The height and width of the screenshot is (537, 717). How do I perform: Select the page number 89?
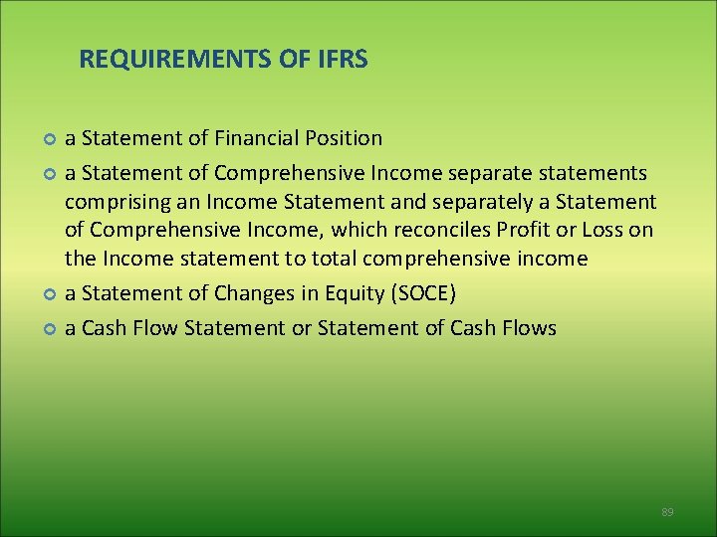point(667,512)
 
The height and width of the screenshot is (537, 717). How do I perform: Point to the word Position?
point(343,138)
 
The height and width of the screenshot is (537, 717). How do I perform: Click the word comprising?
point(110,203)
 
